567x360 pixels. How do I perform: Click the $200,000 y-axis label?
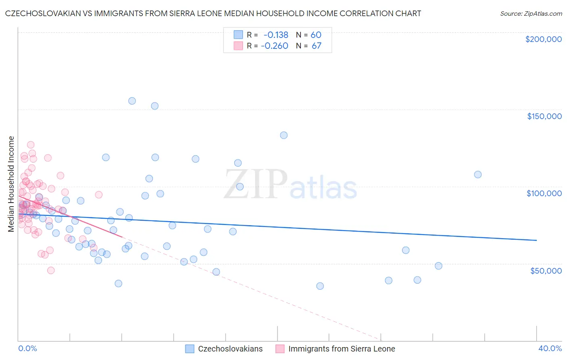click(543, 39)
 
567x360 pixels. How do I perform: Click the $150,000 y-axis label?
click(544, 116)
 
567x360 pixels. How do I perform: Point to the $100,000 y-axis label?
click(544, 193)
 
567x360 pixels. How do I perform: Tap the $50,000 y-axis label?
click(546, 270)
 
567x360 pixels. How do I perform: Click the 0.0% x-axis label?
click(27, 348)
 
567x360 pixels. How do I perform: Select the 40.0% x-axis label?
click(550, 348)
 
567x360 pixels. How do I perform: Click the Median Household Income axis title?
click(11, 184)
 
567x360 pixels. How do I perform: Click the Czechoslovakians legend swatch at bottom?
click(190, 349)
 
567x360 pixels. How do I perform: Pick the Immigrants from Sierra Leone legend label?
click(342, 349)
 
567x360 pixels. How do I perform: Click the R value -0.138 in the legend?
click(276, 35)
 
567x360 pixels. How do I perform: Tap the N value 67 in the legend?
click(317, 46)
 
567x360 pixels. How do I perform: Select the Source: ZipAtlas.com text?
click(531, 14)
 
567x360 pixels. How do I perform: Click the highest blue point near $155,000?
click(132, 101)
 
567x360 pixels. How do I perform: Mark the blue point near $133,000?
click(283, 135)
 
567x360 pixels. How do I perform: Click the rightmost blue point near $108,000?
click(478, 174)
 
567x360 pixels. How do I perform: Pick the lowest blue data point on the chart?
click(320, 286)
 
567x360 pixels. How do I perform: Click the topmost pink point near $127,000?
click(31, 145)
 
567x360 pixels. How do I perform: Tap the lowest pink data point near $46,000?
click(51, 270)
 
